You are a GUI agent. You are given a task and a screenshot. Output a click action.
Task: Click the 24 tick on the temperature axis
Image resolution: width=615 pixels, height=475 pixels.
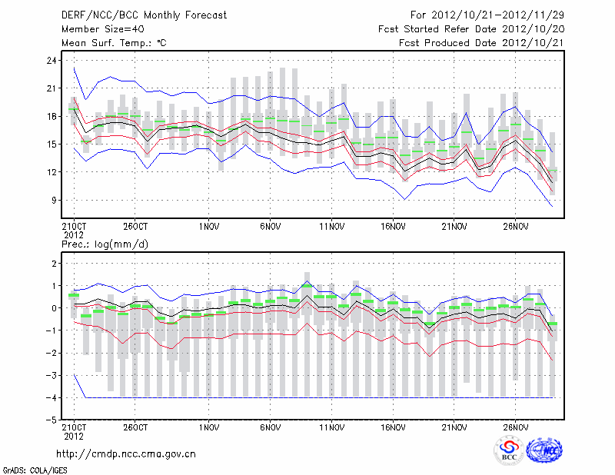point(50,61)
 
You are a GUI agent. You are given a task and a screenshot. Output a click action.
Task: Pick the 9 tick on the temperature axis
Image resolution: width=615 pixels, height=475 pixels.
point(52,200)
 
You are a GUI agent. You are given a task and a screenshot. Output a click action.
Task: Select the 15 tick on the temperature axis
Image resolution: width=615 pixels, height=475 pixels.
point(50,144)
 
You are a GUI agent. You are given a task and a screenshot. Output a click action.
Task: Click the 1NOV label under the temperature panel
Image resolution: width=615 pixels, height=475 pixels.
point(208,227)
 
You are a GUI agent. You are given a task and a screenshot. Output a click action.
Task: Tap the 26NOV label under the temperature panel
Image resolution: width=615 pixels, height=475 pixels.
point(515,227)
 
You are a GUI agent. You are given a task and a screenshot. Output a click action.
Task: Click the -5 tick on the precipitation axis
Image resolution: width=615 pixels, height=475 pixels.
point(50,420)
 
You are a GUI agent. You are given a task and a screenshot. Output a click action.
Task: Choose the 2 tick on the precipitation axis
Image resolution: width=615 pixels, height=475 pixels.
point(52,264)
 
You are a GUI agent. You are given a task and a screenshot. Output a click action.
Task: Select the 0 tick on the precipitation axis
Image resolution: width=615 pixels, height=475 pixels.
point(52,308)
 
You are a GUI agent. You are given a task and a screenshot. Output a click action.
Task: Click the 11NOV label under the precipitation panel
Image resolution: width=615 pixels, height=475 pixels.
point(331,427)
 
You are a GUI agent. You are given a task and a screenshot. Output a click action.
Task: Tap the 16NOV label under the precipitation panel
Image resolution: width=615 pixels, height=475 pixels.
point(393,427)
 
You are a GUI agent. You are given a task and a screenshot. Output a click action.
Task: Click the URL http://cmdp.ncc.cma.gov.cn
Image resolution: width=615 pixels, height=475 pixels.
point(126,454)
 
